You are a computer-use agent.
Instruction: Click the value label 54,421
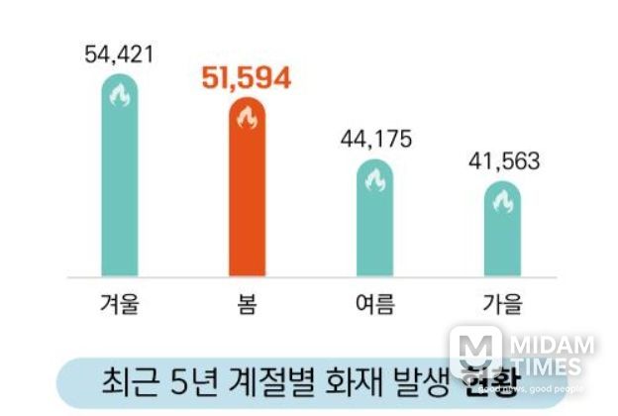120,53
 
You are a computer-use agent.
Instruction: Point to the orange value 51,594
247,79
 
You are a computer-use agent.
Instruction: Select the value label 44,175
374,138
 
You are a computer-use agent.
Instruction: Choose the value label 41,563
501,160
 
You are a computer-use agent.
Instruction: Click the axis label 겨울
119,303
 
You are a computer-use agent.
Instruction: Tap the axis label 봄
247,303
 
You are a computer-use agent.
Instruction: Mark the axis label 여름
374,303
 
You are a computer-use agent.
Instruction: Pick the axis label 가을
501,303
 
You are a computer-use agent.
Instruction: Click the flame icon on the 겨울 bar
119,96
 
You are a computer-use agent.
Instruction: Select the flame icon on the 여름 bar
374,180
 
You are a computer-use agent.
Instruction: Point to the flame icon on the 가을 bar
501,202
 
